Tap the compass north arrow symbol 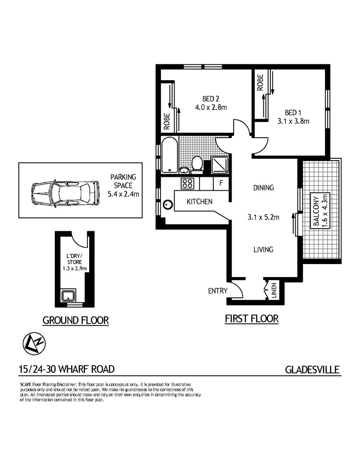pos(35,344)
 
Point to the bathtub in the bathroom pos(169,155)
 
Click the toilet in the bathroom pos(197,164)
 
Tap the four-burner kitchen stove pos(188,183)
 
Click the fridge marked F pos(221,183)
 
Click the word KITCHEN pos(199,202)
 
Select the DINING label pos(263,188)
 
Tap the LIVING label pos(263,249)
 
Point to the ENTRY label pos(217,291)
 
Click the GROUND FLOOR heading pos(75,320)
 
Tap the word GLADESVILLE pos(313,370)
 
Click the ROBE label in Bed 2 pos(166,121)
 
